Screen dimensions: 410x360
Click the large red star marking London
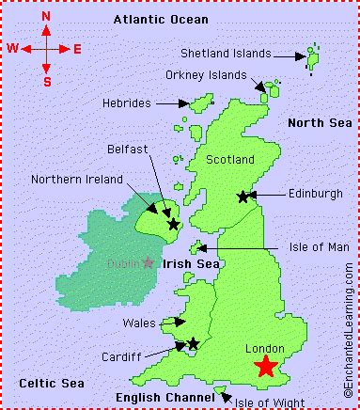coord(266,367)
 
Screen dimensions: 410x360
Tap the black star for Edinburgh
coord(243,197)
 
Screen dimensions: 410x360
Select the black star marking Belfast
coord(173,224)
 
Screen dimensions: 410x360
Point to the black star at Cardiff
coord(193,344)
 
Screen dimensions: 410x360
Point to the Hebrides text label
coord(126,102)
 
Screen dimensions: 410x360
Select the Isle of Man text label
coord(307,247)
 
